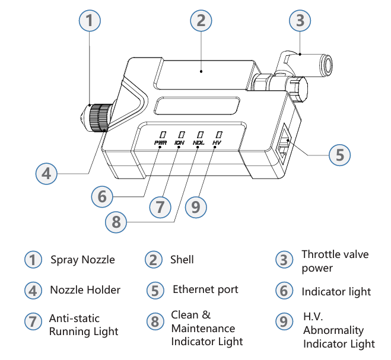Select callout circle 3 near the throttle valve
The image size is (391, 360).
pyautogui.click(x=300, y=21)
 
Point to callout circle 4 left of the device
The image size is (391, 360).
pyautogui.click(x=47, y=174)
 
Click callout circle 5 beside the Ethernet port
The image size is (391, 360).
pyautogui.click(x=339, y=155)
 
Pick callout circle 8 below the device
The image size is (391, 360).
pyautogui.click(x=116, y=222)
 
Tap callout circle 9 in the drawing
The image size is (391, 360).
pyautogui.click(x=196, y=207)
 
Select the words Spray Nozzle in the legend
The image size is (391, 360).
pyautogui.click(x=82, y=260)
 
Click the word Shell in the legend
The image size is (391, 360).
pyautogui.click(x=182, y=260)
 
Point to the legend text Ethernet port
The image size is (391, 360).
pyautogui.click(x=205, y=289)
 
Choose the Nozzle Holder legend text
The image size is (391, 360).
pyautogui.click(x=85, y=290)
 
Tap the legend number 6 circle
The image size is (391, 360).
pyautogui.click(x=284, y=291)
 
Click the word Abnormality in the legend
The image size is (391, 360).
pyautogui.click(x=333, y=330)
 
